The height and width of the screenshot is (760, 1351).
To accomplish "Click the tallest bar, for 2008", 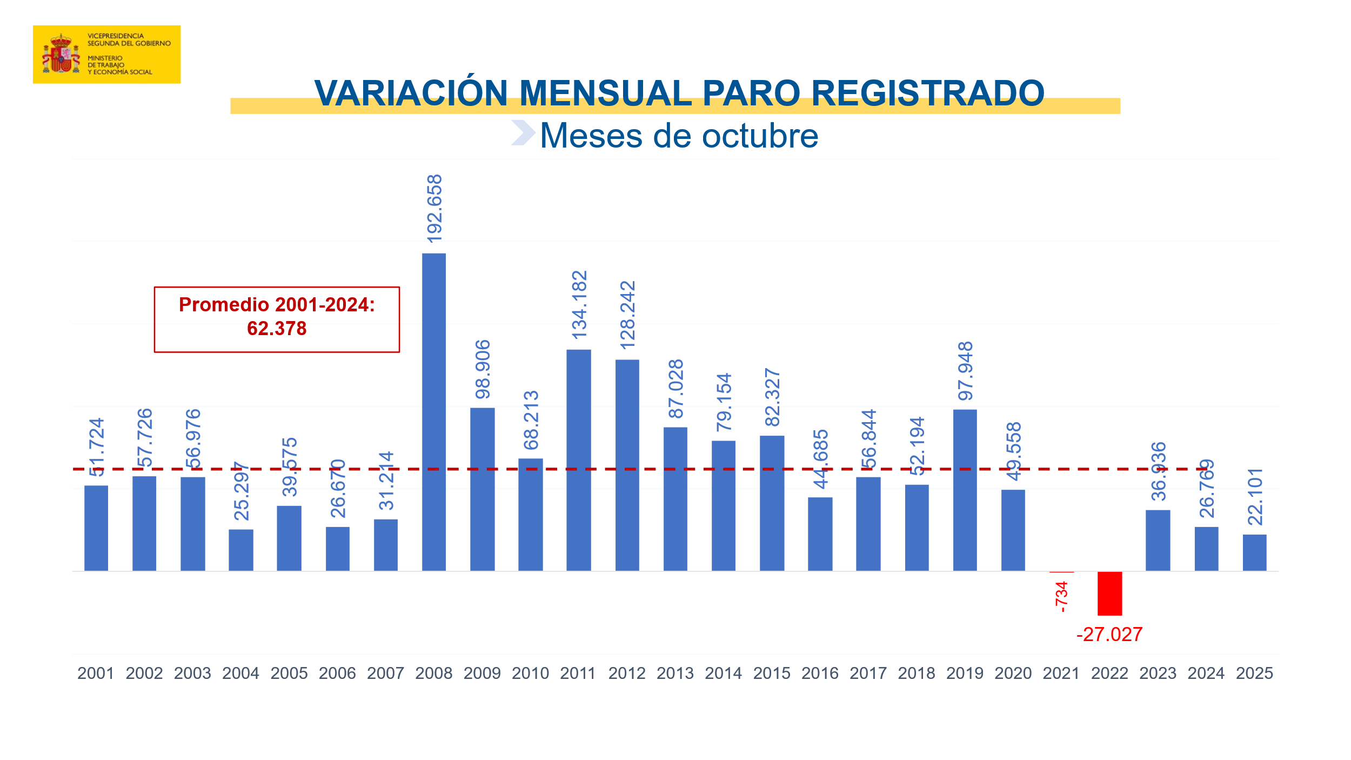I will click(433, 412).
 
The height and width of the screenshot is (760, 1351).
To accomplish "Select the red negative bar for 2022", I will click(1109, 593).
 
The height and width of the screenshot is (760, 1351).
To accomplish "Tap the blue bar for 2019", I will click(965, 490).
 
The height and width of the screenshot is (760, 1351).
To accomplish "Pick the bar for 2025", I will click(1254, 552).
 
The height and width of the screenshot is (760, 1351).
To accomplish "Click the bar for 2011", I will click(578, 460).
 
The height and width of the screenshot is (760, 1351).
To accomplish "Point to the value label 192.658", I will click(434, 209).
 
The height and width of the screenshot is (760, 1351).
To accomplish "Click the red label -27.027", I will click(1109, 635).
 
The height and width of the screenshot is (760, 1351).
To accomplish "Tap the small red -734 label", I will click(1061, 597).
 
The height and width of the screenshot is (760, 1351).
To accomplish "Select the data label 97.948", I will click(965, 371).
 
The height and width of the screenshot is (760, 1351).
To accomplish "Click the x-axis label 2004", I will click(240, 674).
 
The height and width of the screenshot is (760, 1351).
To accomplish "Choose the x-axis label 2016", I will click(820, 674).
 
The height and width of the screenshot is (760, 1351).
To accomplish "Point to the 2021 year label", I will click(1061, 674).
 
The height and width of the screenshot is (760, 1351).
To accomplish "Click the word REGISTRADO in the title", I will click(927, 93).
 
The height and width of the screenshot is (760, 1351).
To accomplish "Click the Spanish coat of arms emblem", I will click(61, 54).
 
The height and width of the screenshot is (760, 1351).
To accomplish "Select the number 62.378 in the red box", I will click(277, 329).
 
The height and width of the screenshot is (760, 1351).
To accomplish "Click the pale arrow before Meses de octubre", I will click(523, 133).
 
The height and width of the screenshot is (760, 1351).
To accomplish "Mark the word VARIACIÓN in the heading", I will click(411, 93).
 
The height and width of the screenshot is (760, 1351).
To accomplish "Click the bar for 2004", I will click(240, 550).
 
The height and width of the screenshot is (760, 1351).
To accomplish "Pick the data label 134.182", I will click(579, 305).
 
